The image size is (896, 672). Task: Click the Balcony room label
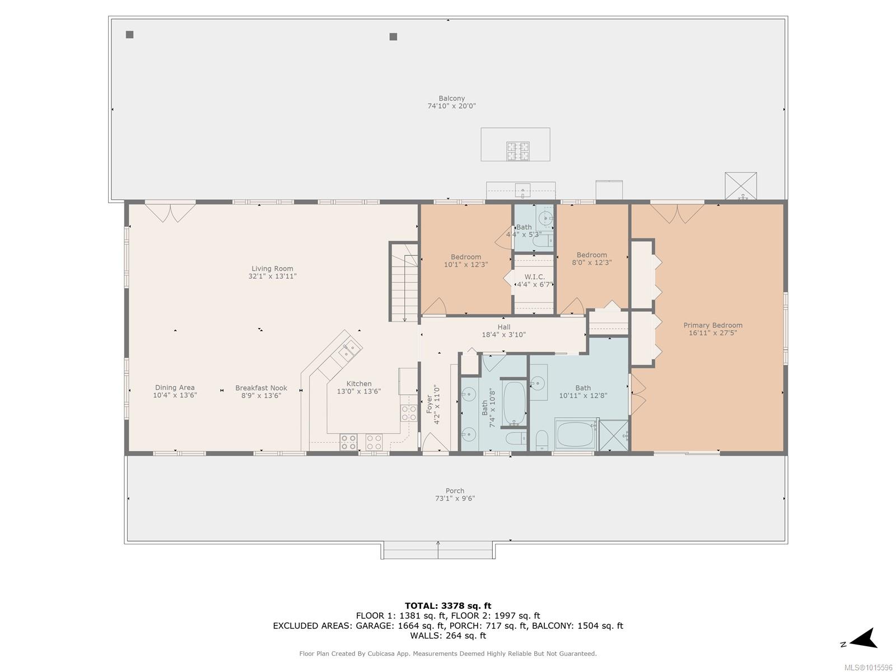[451, 99]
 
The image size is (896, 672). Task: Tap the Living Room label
[272, 268]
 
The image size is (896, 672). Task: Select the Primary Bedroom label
[712, 325]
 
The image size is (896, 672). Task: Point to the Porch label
[454, 491]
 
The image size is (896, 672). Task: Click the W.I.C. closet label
[534, 277]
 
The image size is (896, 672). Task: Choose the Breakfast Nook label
[261, 388]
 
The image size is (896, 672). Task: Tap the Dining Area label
[175, 388]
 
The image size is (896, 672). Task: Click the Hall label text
[503, 327]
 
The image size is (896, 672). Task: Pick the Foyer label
[429, 404]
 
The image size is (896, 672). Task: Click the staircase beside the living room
[404, 282]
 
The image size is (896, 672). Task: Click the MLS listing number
[868, 668]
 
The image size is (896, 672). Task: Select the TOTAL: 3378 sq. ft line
[448, 605]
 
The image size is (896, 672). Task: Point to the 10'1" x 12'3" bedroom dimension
[465, 264]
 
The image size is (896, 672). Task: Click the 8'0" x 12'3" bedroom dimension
[591, 262]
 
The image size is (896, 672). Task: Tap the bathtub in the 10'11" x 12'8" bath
[575, 435]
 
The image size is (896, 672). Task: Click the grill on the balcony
[517, 151]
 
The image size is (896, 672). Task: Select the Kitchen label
[359, 384]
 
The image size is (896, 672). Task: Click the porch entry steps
[437, 550]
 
